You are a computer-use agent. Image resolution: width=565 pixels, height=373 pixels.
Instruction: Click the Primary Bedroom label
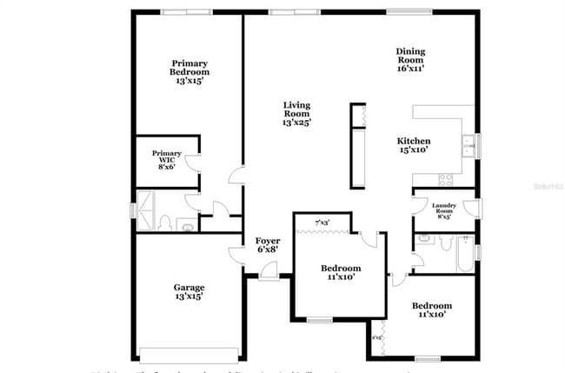(x=189, y=69)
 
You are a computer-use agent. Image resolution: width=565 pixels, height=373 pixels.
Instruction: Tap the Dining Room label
(x=410, y=57)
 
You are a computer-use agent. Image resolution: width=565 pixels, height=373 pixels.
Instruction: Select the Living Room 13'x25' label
(x=296, y=114)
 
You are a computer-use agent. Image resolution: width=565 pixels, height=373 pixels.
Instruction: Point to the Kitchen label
(x=414, y=145)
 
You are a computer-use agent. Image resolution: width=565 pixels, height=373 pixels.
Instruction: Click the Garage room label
(x=189, y=292)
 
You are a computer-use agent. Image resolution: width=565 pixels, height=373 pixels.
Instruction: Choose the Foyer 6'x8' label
(x=268, y=245)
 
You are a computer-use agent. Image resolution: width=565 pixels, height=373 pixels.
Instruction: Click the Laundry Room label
(x=443, y=210)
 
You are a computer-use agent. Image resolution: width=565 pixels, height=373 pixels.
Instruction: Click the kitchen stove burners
(x=446, y=180)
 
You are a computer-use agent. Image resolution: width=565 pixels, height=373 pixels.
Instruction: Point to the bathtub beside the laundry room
(x=455, y=253)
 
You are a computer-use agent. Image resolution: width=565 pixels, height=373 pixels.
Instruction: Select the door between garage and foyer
(x=236, y=253)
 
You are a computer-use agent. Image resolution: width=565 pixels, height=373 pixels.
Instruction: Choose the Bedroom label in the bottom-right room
(x=432, y=310)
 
